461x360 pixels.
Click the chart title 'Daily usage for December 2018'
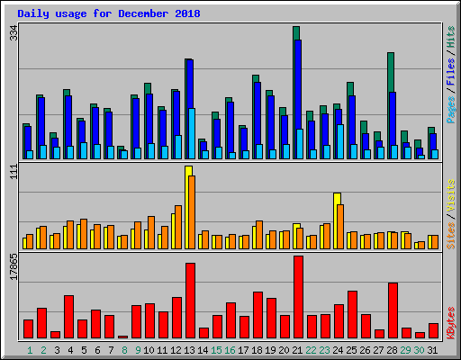(109, 14)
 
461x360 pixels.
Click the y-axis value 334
(13, 33)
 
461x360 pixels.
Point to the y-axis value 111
(13, 173)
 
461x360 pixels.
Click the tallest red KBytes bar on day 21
(298, 297)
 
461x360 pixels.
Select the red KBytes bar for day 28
(393, 310)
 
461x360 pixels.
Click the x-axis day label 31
(433, 349)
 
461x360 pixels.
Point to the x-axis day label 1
(30, 349)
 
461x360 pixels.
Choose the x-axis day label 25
(352, 349)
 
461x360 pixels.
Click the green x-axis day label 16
(230, 349)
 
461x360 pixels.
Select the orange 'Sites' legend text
(449, 234)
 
